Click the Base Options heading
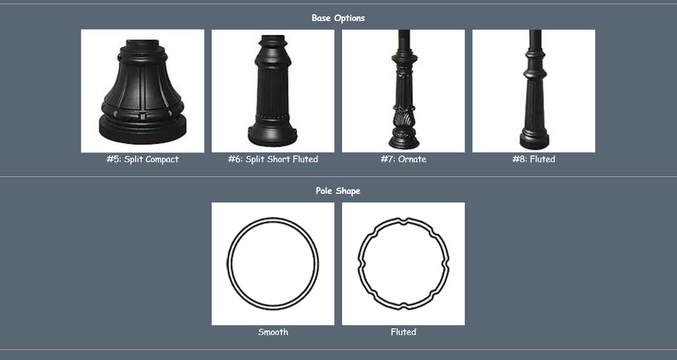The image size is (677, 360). (338, 18)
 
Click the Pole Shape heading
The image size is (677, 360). (338, 191)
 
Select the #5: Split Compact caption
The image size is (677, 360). (143, 159)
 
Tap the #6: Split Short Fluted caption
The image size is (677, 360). (273, 159)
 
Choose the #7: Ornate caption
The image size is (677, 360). (403, 159)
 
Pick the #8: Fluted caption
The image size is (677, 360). (534, 159)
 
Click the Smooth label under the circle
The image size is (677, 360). (273, 332)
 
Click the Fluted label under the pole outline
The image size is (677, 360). (403, 332)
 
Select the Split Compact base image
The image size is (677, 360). (143, 91)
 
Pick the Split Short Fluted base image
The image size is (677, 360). (273, 91)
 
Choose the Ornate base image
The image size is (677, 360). (403, 91)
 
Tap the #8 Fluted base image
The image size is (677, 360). (534, 91)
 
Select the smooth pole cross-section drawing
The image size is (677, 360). (273, 264)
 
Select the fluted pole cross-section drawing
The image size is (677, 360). (403, 264)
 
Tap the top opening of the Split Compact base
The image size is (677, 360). (143, 43)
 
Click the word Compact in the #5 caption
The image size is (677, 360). (162, 159)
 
